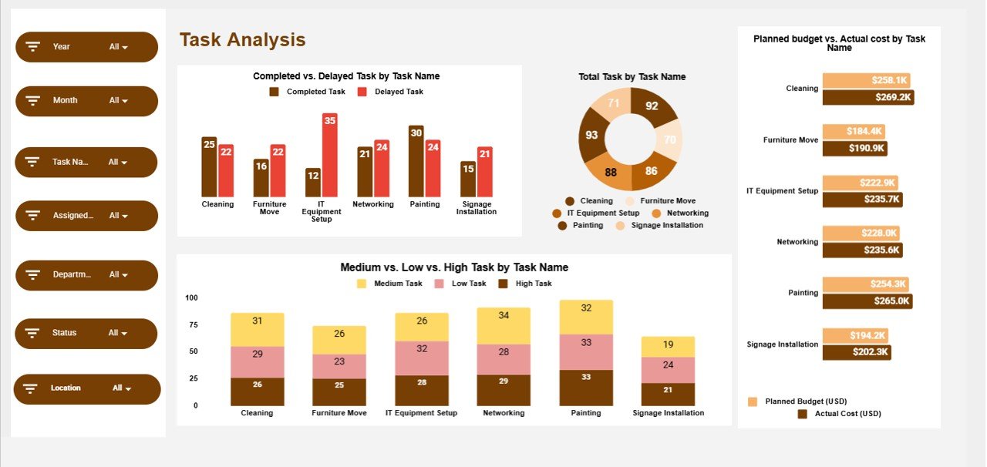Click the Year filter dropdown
(x=86, y=47)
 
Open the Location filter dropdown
(x=86, y=388)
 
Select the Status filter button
(x=86, y=333)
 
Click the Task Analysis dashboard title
(x=242, y=40)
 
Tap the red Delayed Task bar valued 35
(x=330, y=155)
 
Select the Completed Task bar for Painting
(x=416, y=161)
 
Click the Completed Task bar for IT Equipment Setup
(x=312, y=183)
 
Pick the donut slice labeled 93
(x=592, y=135)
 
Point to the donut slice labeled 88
(x=611, y=172)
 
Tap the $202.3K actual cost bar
(x=857, y=352)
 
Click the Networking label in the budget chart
(x=797, y=242)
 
